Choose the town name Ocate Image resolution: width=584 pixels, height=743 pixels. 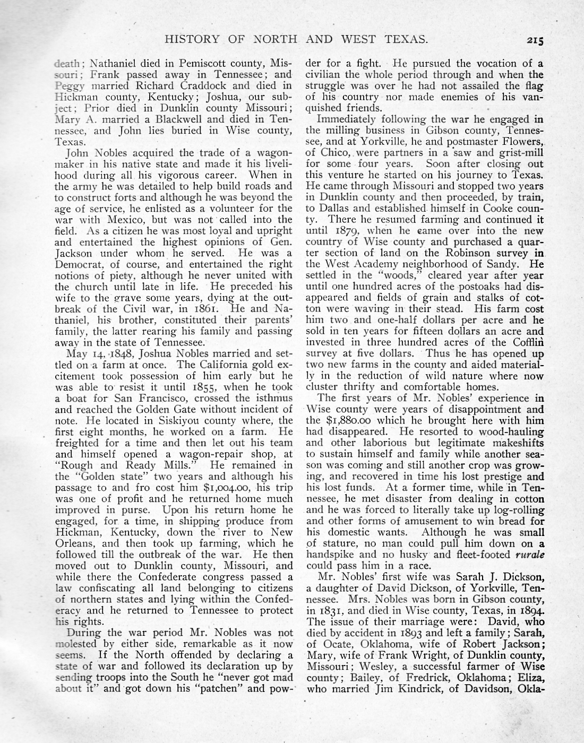point(331,644)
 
